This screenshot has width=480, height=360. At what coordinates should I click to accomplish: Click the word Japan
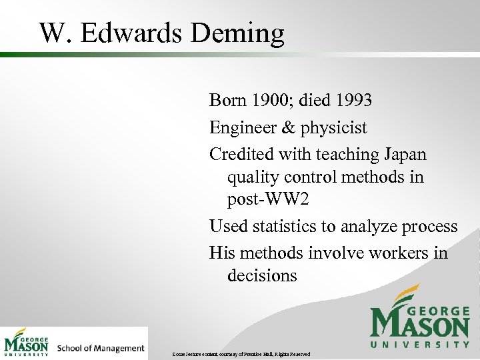tap(405, 154)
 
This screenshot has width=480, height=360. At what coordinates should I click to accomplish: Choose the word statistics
tap(285, 227)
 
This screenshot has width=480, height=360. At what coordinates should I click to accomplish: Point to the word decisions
tap(262, 275)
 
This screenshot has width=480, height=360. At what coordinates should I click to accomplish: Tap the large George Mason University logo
tap(419, 316)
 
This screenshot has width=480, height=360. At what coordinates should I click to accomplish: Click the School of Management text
tap(101, 348)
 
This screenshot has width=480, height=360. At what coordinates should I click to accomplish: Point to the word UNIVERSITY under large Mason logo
tap(420, 344)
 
